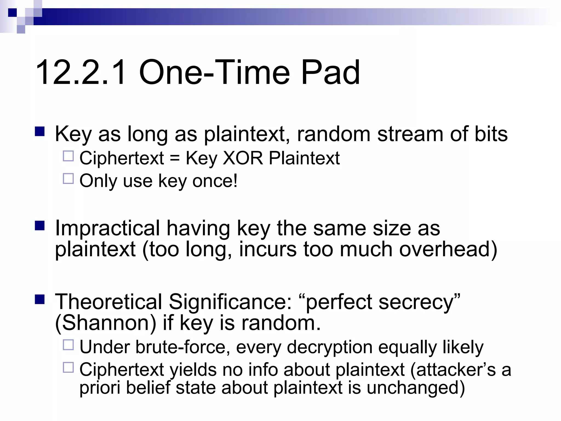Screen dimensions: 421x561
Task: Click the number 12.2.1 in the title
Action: pyautogui.click(x=81, y=73)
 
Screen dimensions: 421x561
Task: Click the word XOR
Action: pyautogui.click(x=243, y=158)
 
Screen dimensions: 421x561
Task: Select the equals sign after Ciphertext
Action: pyautogui.click(x=174, y=159)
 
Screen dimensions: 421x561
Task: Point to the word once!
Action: pyautogui.click(x=215, y=181)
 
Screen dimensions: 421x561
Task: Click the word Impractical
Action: pyautogui.click(x=107, y=228)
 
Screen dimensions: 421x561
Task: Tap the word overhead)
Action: pyautogui.click(x=448, y=249)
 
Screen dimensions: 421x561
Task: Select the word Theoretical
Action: pyautogui.click(x=108, y=302)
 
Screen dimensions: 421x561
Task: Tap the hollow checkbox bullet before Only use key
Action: pyautogui.click(x=68, y=179)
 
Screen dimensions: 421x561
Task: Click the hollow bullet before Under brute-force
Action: pyautogui.click(x=68, y=345)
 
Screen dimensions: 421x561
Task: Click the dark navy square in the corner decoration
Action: pyautogui.click(x=12, y=13)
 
